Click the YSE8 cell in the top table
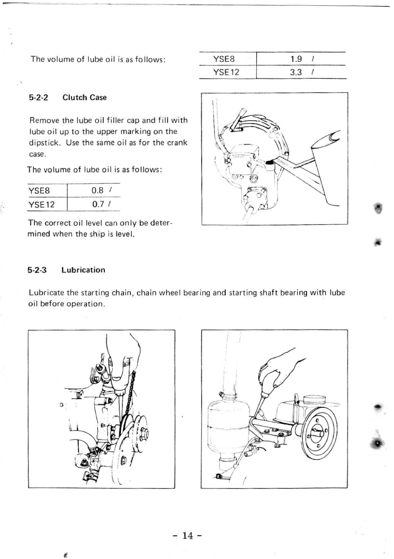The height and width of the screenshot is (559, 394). click(x=223, y=59)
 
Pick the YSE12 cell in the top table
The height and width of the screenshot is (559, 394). click(x=226, y=72)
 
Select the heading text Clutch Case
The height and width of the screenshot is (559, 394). click(x=85, y=98)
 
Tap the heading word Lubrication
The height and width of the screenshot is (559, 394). click(x=83, y=270)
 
